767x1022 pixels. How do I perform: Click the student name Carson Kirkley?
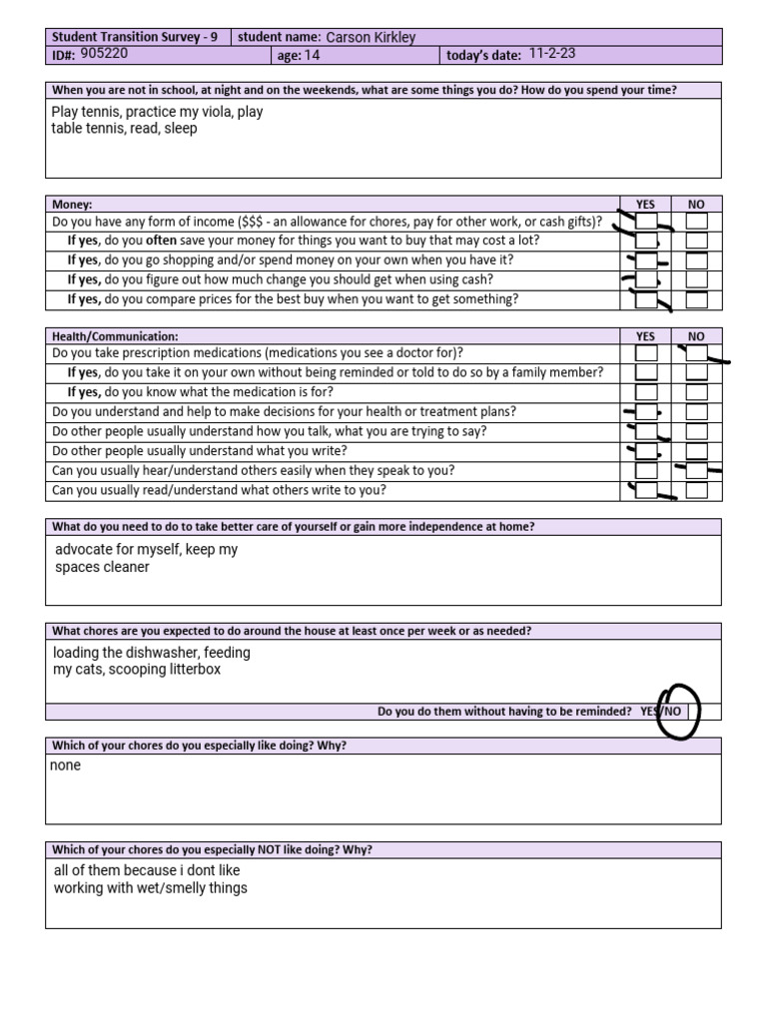point(371,38)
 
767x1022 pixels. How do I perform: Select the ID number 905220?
point(104,55)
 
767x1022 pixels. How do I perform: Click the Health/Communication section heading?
point(115,336)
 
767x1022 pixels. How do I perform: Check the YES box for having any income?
point(646,222)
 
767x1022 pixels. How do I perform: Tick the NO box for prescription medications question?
point(697,353)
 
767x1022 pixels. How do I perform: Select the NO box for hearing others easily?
point(697,470)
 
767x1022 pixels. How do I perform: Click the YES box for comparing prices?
point(646,299)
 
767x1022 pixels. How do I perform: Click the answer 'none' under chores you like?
point(67,766)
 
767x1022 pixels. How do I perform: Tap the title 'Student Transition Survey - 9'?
point(135,38)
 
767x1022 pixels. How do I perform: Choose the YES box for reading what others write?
point(646,490)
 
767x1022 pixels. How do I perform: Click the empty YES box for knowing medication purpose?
point(646,392)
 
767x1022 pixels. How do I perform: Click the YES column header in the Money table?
point(646,204)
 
